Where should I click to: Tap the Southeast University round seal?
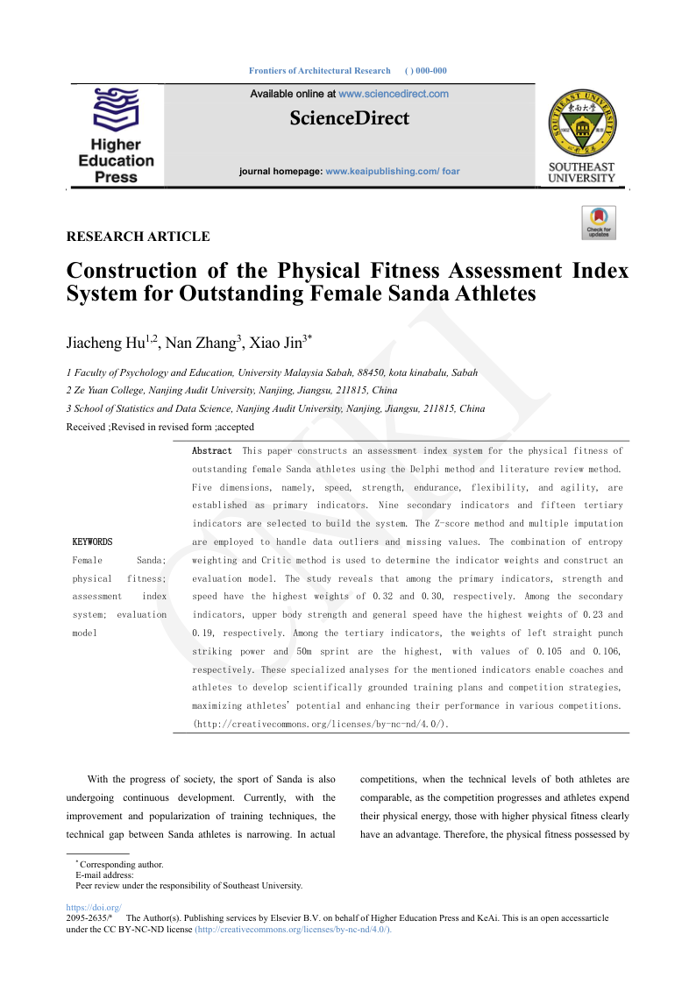pyautogui.click(x=581, y=122)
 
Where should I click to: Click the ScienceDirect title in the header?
pyautogui.click(x=349, y=118)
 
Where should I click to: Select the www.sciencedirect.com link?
pyautogui.click(x=394, y=94)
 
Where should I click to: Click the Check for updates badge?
pyautogui.click(x=599, y=223)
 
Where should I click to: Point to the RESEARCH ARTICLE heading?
pyautogui.click(x=138, y=237)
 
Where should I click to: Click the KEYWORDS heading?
pyautogui.click(x=92, y=542)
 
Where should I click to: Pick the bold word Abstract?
pyautogui.click(x=212, y=450)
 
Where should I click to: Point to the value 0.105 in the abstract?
pyautogui.click(x=537, y=652)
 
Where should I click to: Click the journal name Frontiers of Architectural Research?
pyautogui.click(x=320, y=70)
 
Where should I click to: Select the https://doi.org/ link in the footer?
pyautogui.click(x=94, y=908)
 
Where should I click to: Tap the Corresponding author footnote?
pyautogui.click(x=121, y=864)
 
